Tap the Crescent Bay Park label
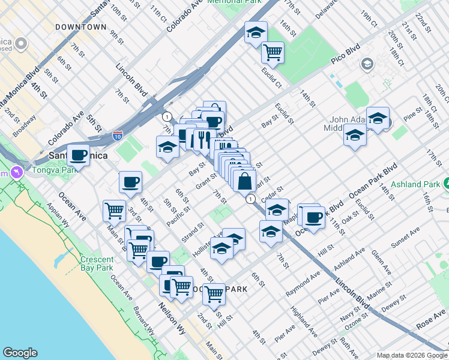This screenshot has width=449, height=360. (x=97, y=263)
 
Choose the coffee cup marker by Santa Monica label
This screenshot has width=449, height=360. (x=78, y=155)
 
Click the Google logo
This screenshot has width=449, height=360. (x=20, y=353)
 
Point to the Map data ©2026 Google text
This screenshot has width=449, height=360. (x=412, y=355)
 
